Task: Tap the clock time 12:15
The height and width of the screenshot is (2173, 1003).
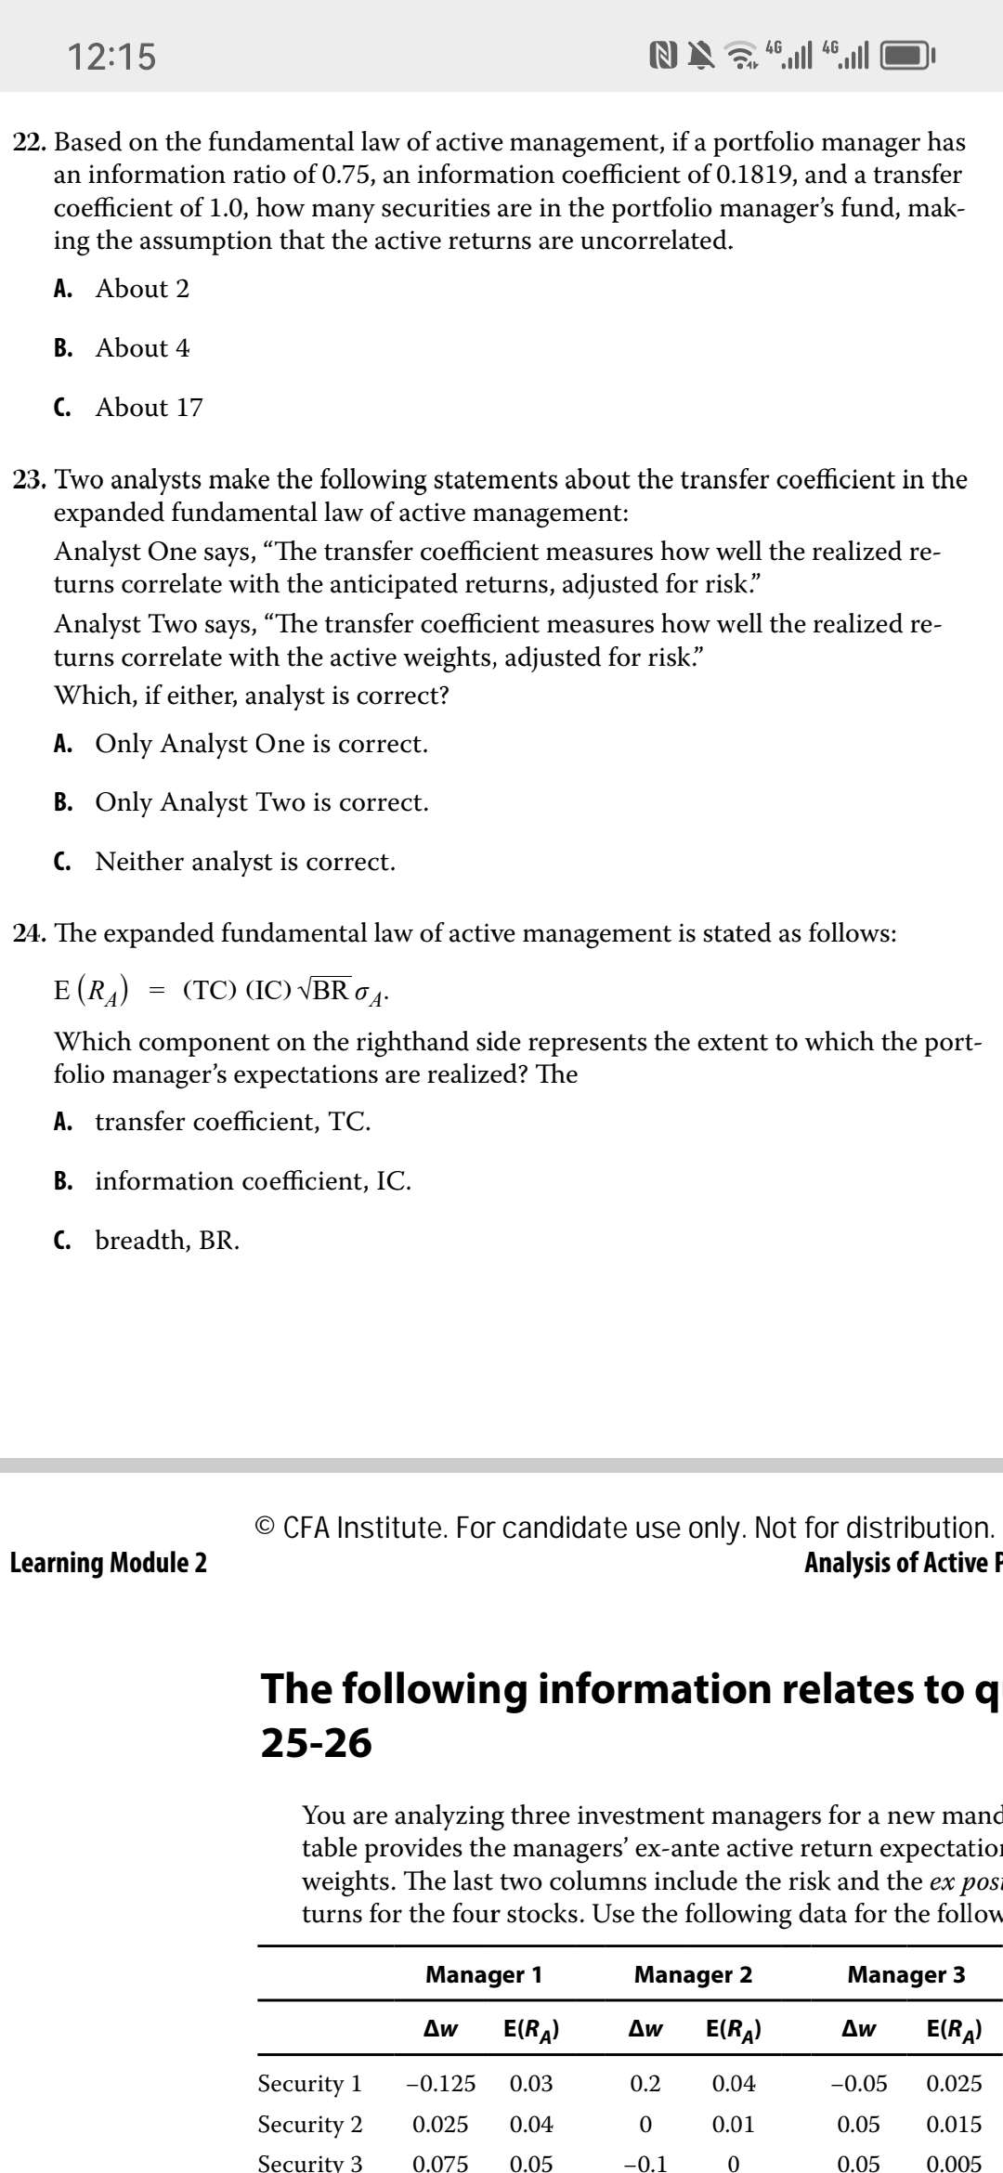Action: click(x=111, y=57)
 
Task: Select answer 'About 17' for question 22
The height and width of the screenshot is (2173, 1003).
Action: click(x=149, y=408)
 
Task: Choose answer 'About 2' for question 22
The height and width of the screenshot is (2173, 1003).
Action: click(x=142, y=289)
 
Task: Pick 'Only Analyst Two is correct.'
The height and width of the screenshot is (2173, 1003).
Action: click(x=261, y=802)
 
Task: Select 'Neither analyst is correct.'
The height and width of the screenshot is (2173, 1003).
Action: click(x=245, y=862)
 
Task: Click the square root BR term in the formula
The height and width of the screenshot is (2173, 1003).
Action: click(x=324, y=990)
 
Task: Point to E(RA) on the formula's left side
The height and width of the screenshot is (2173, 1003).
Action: click(x=91, y=990)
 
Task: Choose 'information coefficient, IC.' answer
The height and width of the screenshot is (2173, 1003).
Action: click(x=253, y=1181)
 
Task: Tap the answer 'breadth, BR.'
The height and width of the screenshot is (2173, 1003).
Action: click(x=167, y=1241)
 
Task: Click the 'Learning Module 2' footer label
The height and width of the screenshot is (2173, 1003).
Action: click(x=109, y=1563)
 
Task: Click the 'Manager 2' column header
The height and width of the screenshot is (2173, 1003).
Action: click(x=693, y=1974)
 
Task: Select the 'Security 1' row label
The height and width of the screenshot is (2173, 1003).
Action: click(x=310, y=2083)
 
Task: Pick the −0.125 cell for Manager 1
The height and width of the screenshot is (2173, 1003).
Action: click(x=441, y=2083)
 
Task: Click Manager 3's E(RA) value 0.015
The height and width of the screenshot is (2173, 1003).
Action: click(x=954, y=2124)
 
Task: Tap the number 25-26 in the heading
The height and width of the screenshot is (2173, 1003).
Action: click(x=316, y=1743)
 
